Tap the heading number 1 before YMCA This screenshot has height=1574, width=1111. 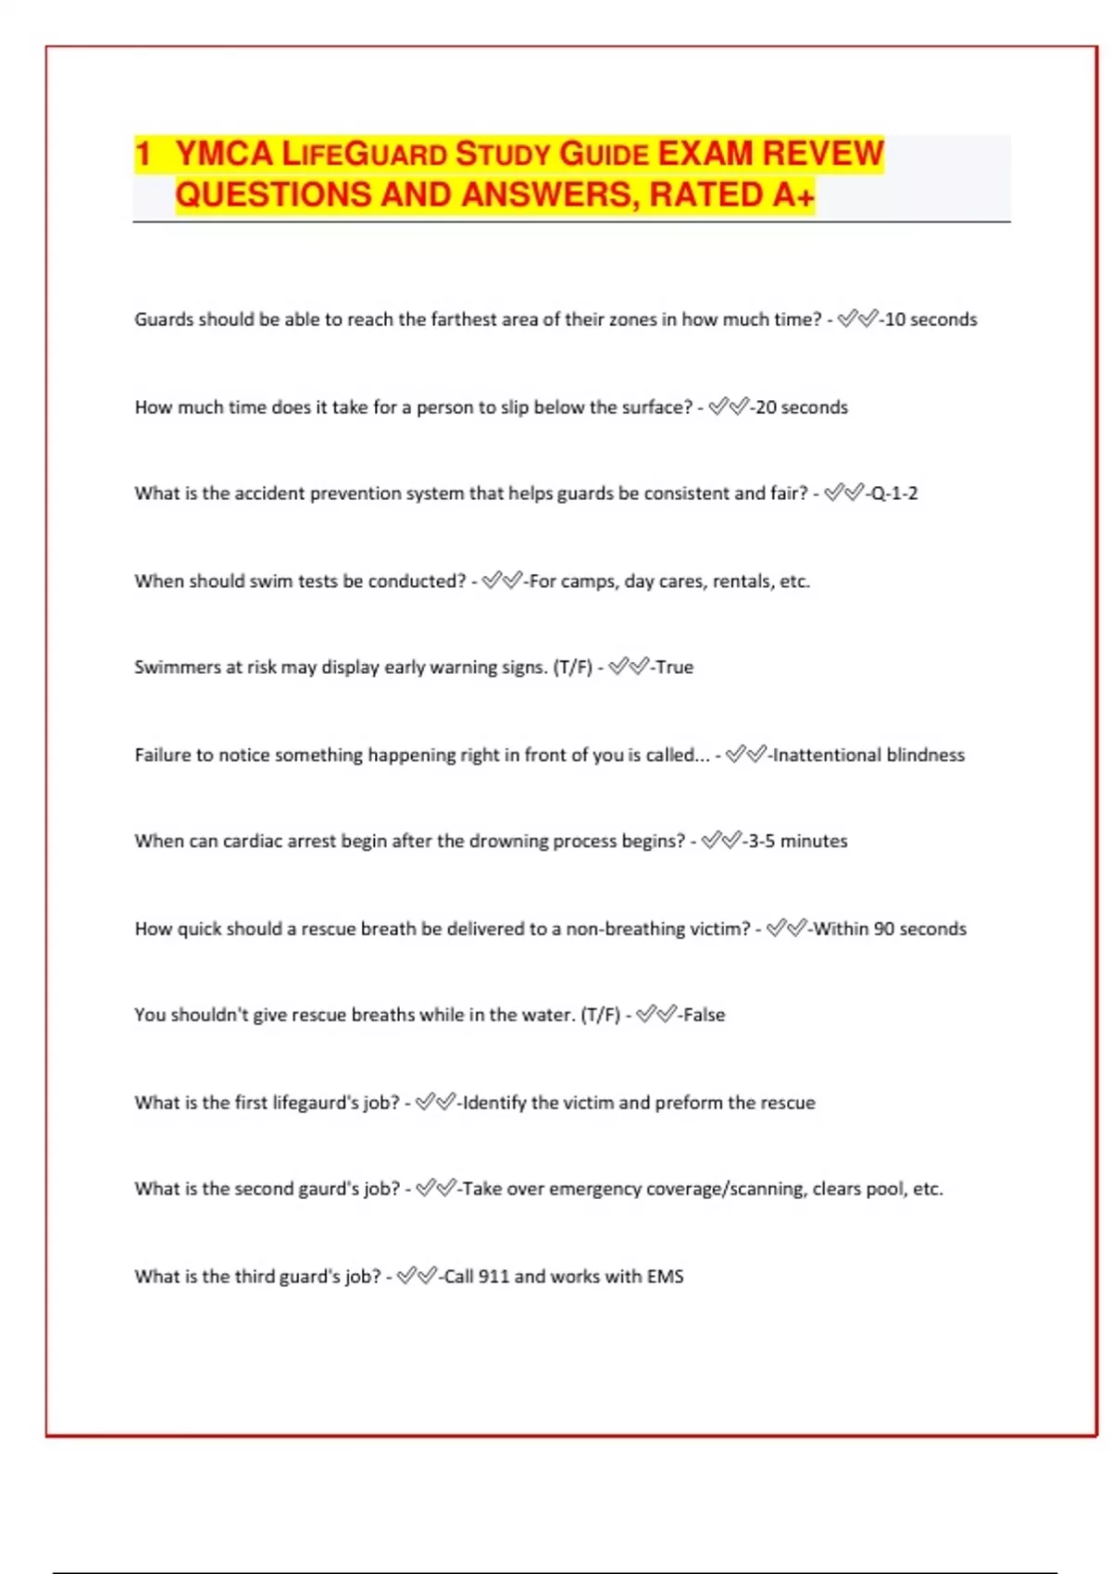click(x=143, y=154)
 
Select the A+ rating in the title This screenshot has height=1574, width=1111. click(x=793, y=195)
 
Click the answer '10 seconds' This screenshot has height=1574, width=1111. click(x=930, y=319)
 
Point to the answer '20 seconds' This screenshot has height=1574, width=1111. click(x=801, y=407)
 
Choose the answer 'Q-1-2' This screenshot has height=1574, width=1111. click(x=893, y=493)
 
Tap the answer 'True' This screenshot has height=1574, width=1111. click(x=674, y=668)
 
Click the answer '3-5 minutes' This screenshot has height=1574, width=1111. click(x=797, y=842)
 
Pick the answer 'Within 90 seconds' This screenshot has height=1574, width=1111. click(x=890, y=929)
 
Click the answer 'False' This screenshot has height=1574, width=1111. click(x=704, y=1015)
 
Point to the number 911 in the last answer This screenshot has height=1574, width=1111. click(x=493, y=1277)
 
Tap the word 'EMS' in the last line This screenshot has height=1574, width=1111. click(x=665, y=1277)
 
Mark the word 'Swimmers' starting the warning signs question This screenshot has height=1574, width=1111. click(x=177, y=668)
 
